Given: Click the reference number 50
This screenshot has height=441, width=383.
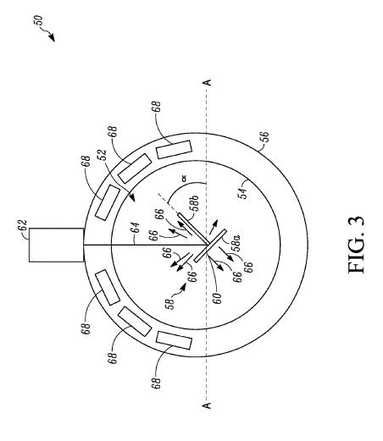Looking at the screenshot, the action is click(39, 20).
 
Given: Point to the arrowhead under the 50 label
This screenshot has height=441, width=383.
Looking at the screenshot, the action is click(52, 37).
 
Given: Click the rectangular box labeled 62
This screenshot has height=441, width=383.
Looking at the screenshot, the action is click(56, 245).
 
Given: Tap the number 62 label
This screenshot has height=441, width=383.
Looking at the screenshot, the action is click(23, 226).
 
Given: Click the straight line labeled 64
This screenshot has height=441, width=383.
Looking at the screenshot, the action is click(145, 245).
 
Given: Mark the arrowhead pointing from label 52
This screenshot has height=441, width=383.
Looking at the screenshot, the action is click(132, 198).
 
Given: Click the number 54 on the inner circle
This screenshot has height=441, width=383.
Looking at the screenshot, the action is click(242, 192).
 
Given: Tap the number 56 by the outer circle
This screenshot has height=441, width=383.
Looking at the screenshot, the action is click(265, 138).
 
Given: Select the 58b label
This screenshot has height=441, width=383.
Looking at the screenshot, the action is click(194, 203).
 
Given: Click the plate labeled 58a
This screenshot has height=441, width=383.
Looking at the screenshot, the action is click(210, 246).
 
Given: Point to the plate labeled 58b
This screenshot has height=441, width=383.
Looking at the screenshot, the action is click(192, 229).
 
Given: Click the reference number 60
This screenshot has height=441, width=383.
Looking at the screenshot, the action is click(218, 298).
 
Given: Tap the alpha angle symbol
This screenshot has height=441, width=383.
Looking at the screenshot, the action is click(184, 179).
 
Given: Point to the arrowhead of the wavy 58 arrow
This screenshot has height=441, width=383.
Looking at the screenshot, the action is click(183, 287).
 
